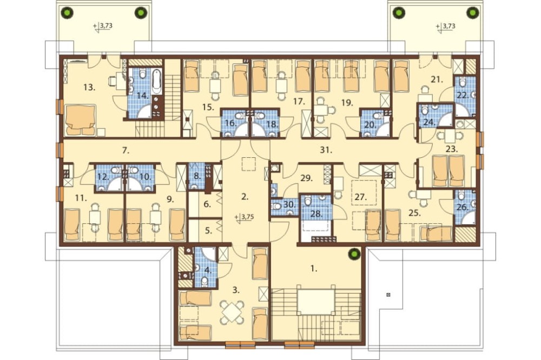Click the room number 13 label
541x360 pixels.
coord(89,87)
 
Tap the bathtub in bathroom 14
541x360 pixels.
coord(156,82)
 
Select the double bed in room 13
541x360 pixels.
coord(80,120)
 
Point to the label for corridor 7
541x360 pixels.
coord(126,150)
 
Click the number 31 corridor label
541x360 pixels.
coord(326,150)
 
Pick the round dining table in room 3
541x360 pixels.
coord(233,312)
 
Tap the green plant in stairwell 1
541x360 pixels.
coord(354,255)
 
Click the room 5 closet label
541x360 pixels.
coord(208,231)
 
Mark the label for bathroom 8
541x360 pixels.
coord(197,176)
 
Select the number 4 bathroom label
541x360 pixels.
coord(208,270)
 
